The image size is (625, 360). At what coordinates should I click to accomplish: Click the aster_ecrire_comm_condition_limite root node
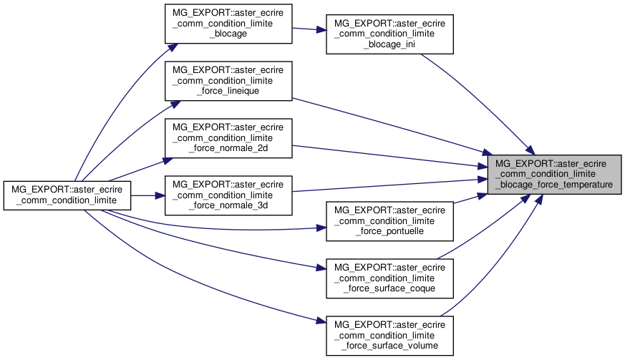click(67, 195)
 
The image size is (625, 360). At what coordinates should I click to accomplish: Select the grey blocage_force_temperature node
click(553, 173)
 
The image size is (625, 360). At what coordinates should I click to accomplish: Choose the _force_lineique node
click(229, 80)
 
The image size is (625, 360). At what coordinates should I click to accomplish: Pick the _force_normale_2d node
click(229, 138)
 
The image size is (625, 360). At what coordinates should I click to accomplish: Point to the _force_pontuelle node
click(390, 221)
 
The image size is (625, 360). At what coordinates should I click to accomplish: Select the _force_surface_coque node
click(390, 278)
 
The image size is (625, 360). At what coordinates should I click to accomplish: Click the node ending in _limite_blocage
click(229, 23)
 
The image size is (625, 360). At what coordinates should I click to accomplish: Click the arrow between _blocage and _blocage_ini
click(309, 29)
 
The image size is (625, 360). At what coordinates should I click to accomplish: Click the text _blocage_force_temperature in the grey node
click(553, 184)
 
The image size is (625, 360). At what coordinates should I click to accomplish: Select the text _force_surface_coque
click(390, 289)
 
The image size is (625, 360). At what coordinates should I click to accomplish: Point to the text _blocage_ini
click(390, 44)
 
